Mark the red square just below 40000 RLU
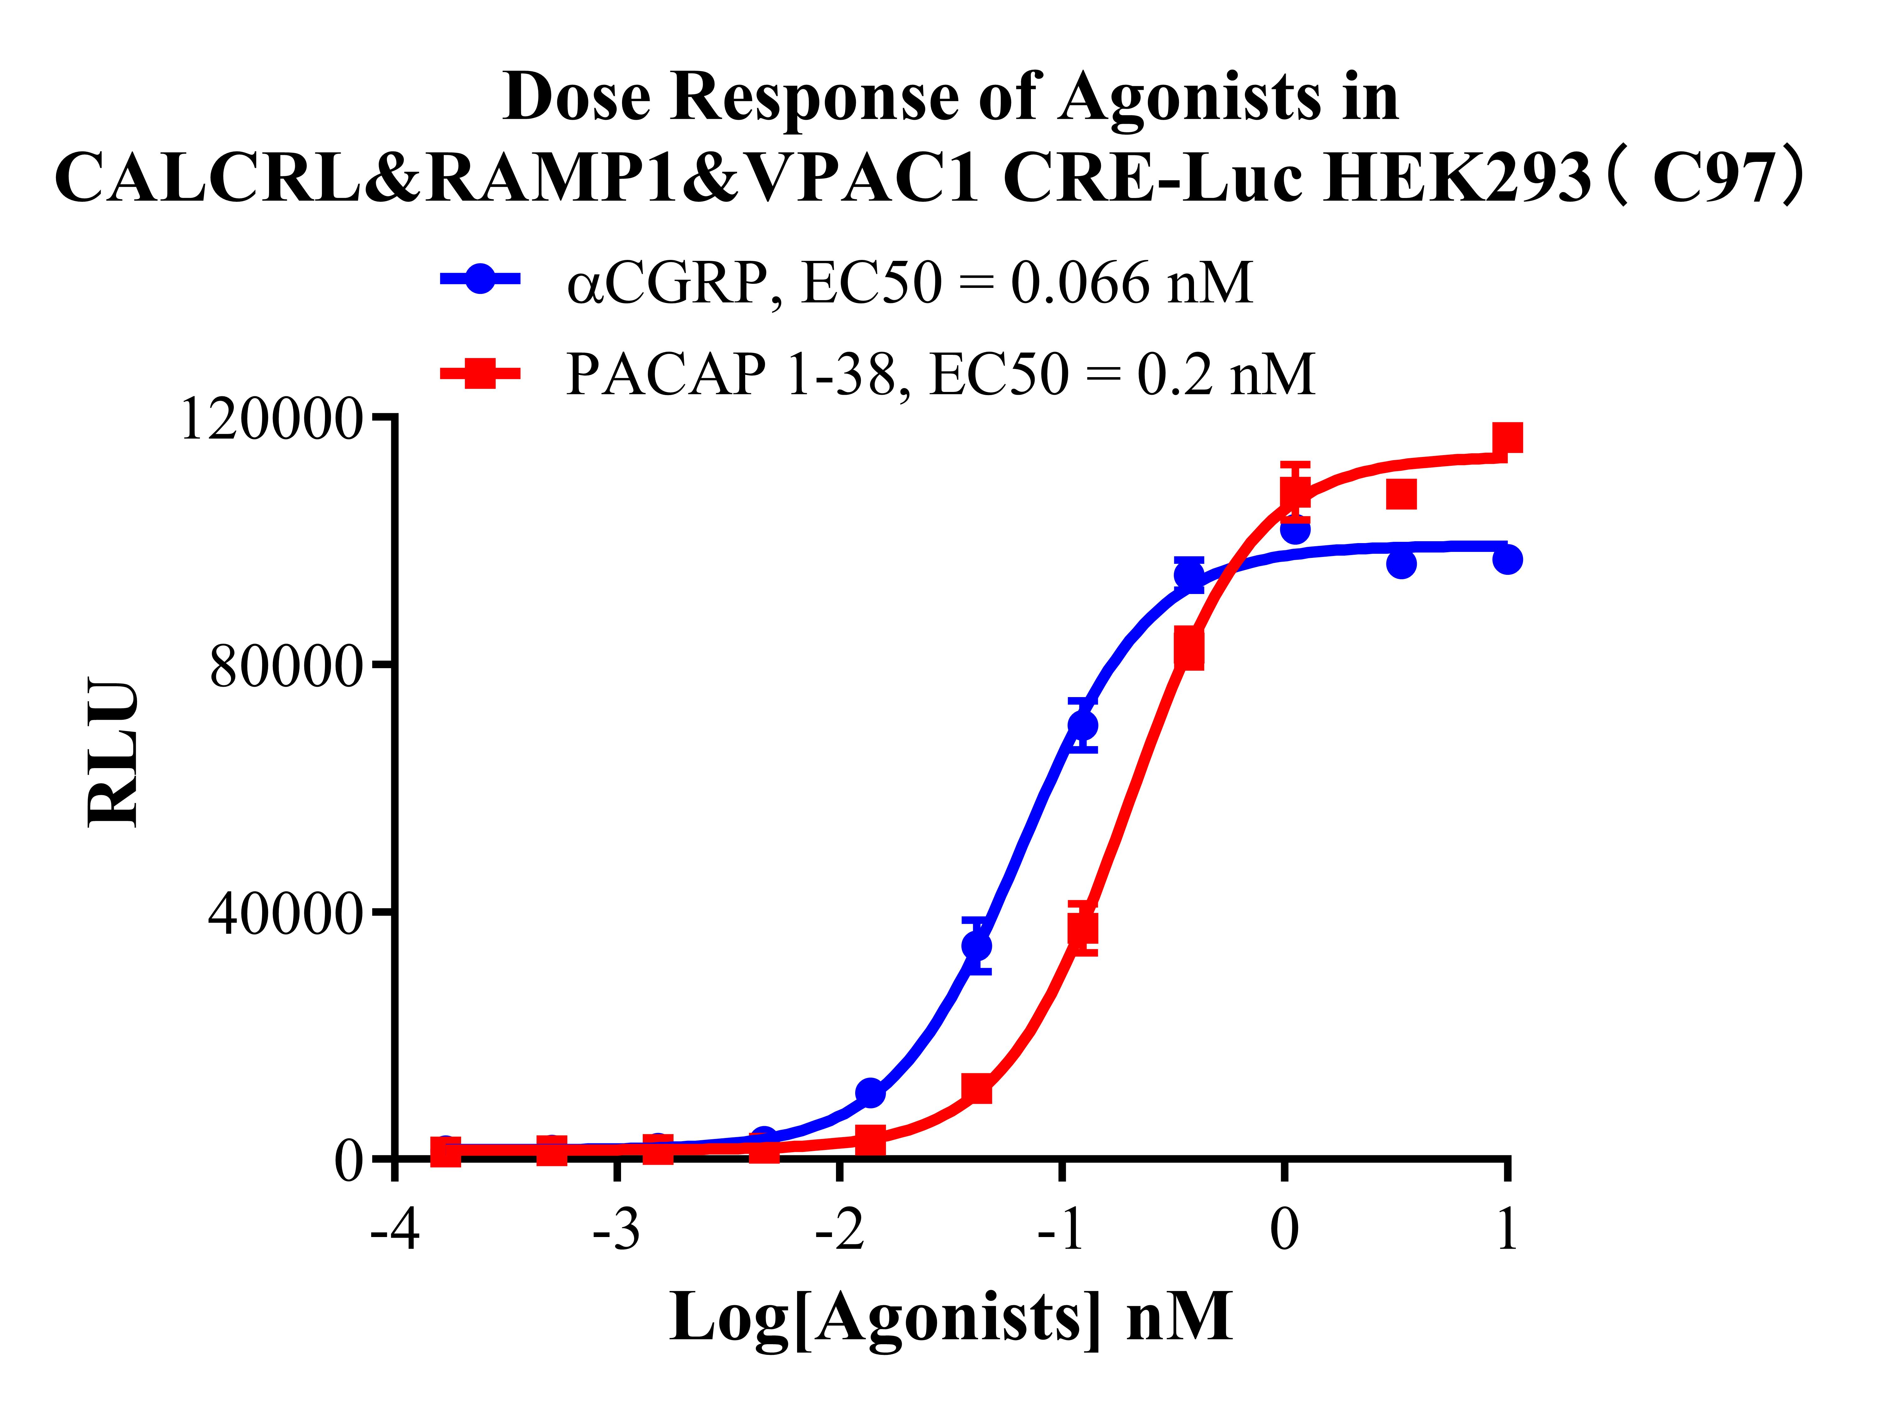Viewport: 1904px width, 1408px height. point(1082,928)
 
